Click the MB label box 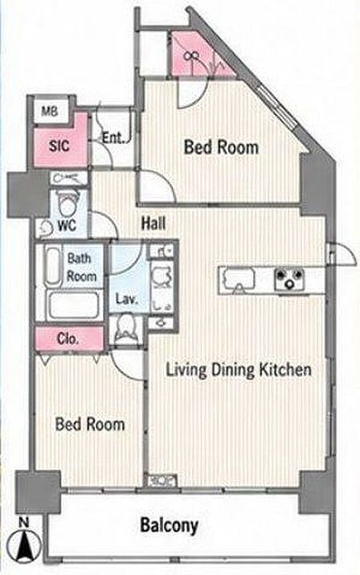(51, 111)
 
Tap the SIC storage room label (59, 146)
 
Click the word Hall (153, 223)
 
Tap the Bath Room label (82, 267)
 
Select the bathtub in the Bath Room (73, 304)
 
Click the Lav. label (127, 299)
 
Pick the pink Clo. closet (69, 339)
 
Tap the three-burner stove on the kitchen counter (289, 279)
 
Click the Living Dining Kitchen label (239, 369)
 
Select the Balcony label (170, 526)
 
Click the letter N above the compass (23, 522)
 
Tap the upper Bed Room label (221, 147)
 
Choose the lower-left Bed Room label (90, 424)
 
